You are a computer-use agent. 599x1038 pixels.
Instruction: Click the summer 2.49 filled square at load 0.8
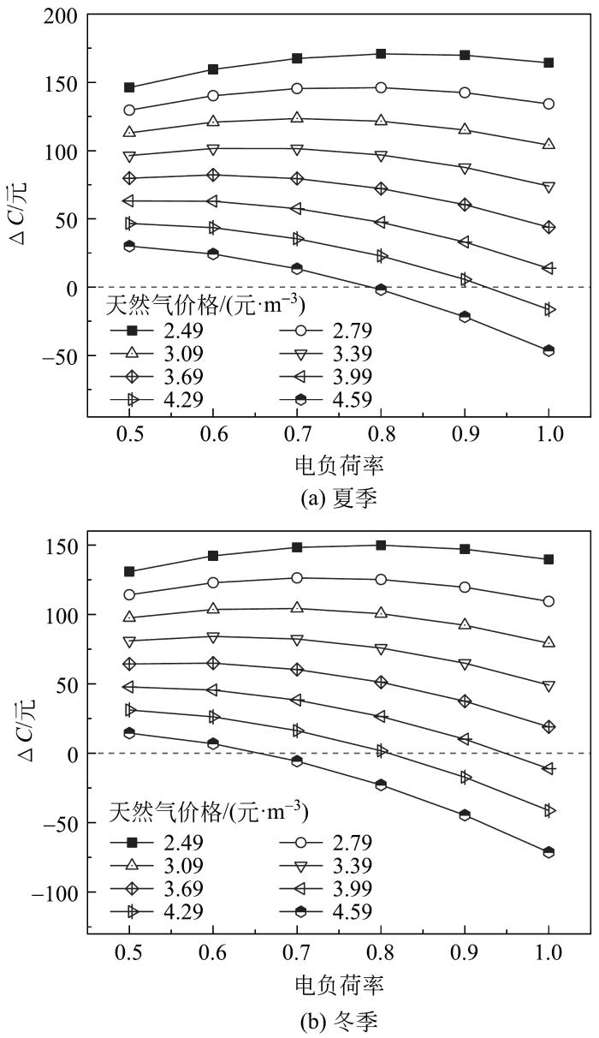381,54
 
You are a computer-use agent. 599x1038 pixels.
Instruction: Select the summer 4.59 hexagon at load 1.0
549,350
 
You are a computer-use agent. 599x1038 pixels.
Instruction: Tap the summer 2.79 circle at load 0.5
129,110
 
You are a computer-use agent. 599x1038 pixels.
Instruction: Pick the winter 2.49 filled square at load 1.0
549,559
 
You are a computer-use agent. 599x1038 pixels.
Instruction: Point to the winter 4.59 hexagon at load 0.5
129,732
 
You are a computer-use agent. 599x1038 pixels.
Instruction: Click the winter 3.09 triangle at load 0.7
297,608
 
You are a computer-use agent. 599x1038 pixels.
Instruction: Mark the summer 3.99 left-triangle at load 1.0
549,268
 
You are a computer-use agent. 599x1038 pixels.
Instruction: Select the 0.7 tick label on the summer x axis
297,434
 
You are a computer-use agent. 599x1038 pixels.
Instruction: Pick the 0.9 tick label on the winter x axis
465,951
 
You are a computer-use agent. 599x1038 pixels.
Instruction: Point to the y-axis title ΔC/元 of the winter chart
20,738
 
